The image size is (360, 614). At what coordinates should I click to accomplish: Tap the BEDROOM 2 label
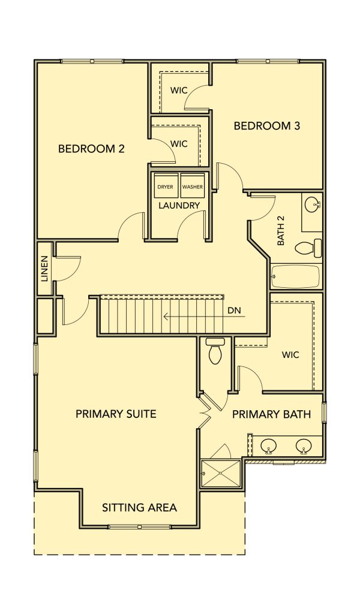pyautogui.click(x=91, y=149)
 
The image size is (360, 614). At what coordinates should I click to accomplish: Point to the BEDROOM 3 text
pyautogui.click(x=267, y=126)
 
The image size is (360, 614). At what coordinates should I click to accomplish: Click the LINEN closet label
pyautogui.click(x=44, y=269)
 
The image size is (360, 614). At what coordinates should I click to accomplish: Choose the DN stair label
pyautogui.click(x=234, y=311)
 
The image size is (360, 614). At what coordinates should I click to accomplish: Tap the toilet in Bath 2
pyautogui.click(x=308, y=248)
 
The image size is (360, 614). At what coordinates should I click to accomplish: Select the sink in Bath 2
pyautogui.click(x=312, y=204)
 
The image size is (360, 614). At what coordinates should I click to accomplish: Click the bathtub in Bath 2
pyautogui.click(x=296, y=276)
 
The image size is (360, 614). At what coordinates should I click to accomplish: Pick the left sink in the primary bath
pyautogui.click(x=268, y=446)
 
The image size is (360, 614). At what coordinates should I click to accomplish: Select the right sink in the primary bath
pyautogui.click(x=304, y=446)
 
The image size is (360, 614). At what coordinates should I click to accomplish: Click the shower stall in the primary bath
pyautogui.click(x=221, y=474)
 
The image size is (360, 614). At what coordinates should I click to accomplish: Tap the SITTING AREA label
pyautogui.click(x=139, y=508)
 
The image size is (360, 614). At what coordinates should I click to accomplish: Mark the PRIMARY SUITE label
pyautogui.click(x=116, y=414)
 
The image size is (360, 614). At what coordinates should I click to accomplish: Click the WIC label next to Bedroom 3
pyautogui.click(x=179, y=90)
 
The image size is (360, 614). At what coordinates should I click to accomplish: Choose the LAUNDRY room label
pyautogui.click(x=179, y=205)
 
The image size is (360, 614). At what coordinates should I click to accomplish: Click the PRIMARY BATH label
pyautogui.click(x=271, y=414)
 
